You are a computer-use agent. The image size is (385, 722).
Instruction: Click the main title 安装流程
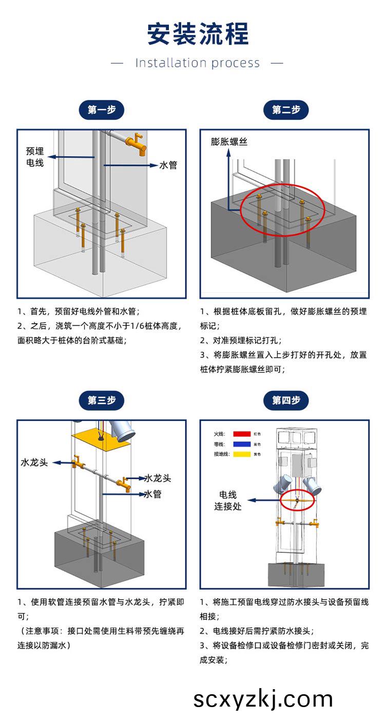[198, 34]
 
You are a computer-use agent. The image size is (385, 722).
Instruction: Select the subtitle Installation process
[198, 63]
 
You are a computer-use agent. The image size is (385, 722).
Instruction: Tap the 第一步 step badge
[101, 109]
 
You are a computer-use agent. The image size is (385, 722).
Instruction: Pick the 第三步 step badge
[101, 400]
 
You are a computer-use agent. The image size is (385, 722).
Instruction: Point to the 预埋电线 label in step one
[35, 157]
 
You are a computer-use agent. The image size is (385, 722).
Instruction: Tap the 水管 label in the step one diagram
[168, 165]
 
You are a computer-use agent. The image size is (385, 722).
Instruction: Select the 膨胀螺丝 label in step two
[229, 141]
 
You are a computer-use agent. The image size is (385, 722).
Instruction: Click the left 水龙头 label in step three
[34, 462]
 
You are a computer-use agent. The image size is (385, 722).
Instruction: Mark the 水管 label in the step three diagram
[153, 494]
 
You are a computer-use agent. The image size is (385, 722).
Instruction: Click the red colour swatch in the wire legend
[241, 434]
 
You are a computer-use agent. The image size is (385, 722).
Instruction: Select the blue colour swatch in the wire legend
[241, 444]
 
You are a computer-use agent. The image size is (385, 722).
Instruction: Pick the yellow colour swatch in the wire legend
[241, 454]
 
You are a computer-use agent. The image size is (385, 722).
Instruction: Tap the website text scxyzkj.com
[263, 699]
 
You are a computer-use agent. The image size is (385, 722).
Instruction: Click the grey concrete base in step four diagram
[296, 575]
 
